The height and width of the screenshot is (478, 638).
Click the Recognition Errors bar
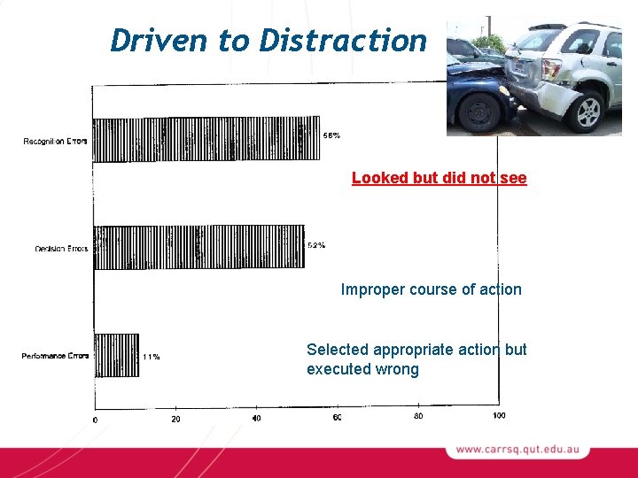tap(206, 140)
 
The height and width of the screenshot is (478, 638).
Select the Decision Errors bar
tap(198, 247)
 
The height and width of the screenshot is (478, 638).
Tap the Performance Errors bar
tap(117, 355)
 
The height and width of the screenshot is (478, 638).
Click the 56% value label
tap(331, 135)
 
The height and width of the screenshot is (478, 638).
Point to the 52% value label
tap(315, 245)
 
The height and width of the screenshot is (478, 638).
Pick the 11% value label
tap(151, 357)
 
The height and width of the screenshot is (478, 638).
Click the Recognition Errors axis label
tap(55, 142)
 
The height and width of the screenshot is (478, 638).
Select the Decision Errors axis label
tap(61, 249)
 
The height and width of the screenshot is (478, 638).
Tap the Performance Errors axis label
tap(55, 356)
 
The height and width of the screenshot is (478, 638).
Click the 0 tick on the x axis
tap(96, 418)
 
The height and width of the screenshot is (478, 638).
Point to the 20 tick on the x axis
tap(175, 418)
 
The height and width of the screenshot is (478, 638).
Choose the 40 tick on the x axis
tap(256, 418)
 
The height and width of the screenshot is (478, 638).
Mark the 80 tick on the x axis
tap(418, 416)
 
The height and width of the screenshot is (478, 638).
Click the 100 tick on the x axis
tap(499, 416)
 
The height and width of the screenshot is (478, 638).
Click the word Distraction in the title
tap(342, 40)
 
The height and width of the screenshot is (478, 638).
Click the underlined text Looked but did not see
tap(439, 178)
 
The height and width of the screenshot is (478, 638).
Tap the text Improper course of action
tap(432, 289)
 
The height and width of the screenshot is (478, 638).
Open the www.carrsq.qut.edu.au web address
tap(517, 450)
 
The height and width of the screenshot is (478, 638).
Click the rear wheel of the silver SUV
tap(588, 111)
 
